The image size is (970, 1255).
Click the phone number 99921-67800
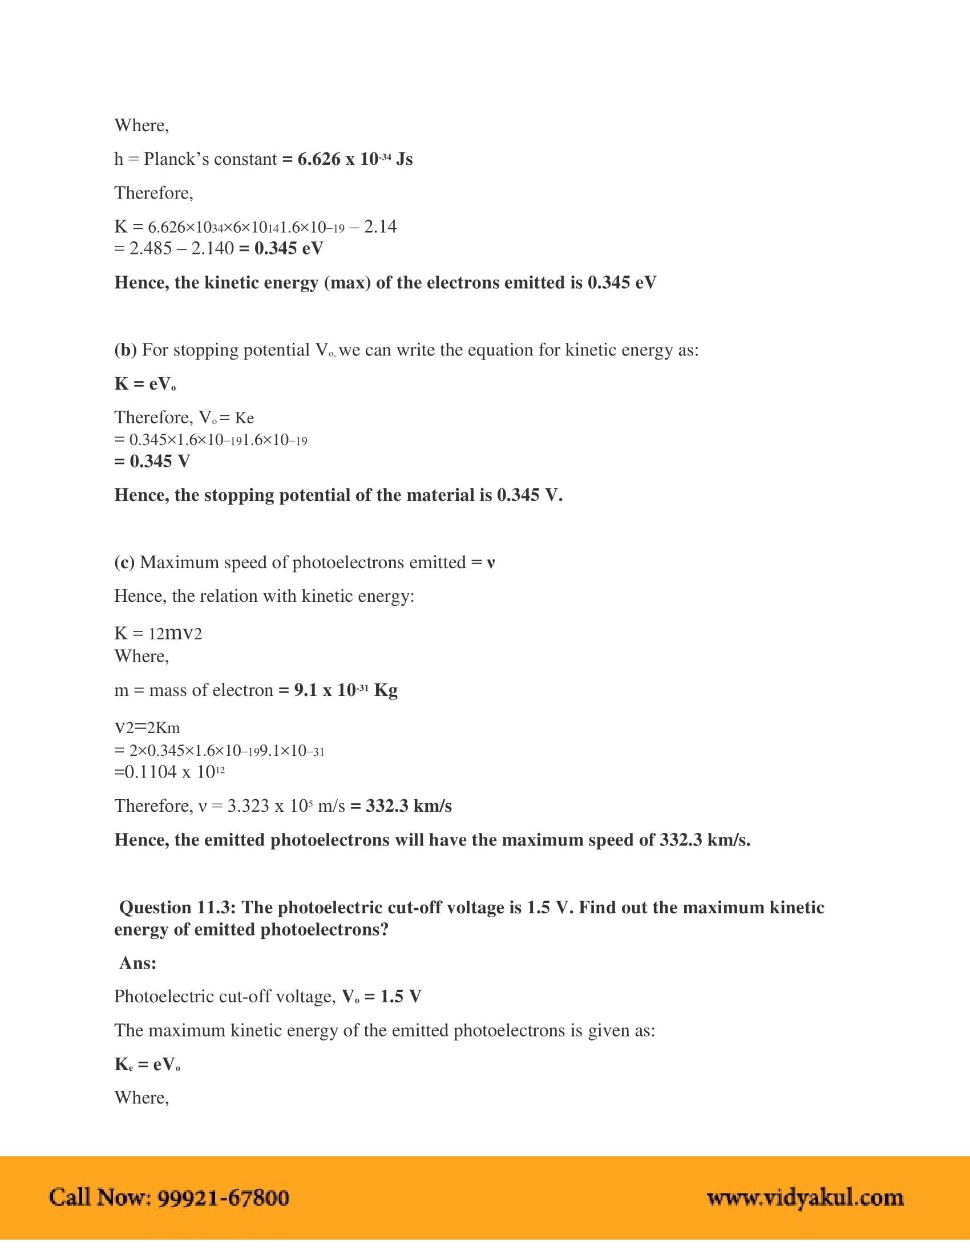(x=223, y=1197)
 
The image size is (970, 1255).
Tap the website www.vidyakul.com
(x=805, y=1197)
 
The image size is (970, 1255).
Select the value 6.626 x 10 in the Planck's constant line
(x=337, y=159)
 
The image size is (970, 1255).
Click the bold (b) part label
(x=126, y=350)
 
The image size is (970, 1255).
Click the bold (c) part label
(x=125, y=562)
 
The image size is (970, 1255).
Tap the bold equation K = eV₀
(x=145, y=384)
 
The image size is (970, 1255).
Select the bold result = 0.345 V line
(x=152, y=461)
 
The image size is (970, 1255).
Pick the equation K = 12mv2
(x=158, y=633)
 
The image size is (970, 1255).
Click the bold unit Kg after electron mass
(x=386, y=690)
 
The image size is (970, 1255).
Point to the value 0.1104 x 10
(x=169, y=772)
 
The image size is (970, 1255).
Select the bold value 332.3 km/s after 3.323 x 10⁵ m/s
(x=408, y=805)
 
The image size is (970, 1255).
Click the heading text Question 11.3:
(x=177, y=908)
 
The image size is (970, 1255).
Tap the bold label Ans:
(x=138, y=963)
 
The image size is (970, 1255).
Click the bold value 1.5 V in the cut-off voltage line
(x=401, y=997)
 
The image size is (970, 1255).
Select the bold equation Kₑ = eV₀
(x=147, y=1064)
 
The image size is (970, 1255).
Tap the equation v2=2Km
(x=147, y=727)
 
